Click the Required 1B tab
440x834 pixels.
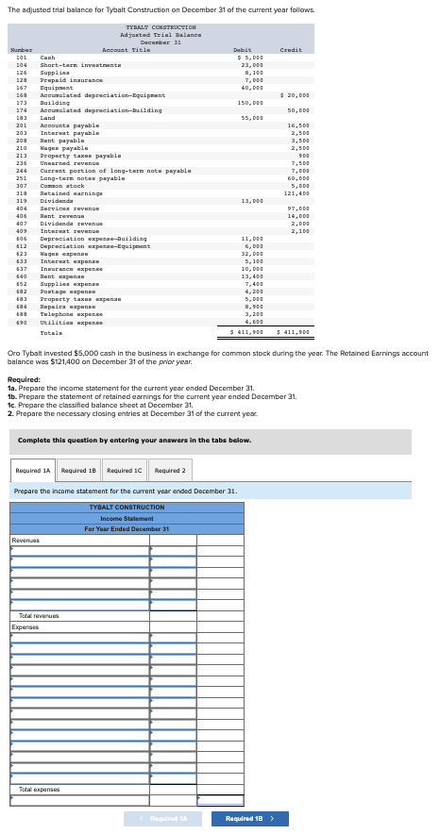click(x=79, y=470)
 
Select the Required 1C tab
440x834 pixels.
click(x=125, y=470)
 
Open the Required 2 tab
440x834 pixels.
click(x=169, y=470)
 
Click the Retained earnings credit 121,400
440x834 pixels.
click(x=298, y=192)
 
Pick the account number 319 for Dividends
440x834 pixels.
click(x=21, y=200)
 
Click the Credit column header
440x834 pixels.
click(x=291, y=49)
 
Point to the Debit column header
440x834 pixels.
click(x=243, y=49)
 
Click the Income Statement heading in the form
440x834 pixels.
click(x=127, y=518)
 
